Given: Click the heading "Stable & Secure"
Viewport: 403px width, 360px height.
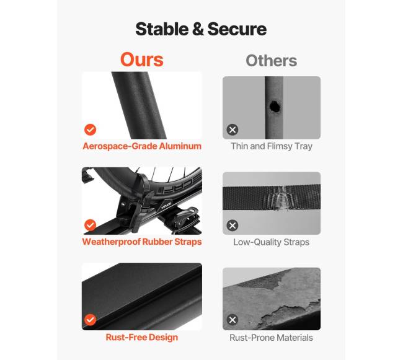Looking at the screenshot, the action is click(201, 29).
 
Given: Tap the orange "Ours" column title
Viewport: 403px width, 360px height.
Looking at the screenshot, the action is click(141, 59).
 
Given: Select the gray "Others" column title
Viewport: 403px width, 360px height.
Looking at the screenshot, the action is click(271, 61).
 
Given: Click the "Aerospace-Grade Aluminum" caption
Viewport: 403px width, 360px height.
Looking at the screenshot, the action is click(142, 146).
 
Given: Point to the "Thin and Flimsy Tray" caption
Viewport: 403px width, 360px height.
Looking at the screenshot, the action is click(272, 146).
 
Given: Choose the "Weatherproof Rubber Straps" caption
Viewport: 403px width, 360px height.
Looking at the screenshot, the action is click(142, 242).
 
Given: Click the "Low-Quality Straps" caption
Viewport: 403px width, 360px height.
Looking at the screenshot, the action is click(271, 242).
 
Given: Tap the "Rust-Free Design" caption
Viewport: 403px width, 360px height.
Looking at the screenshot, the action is click(142, 337).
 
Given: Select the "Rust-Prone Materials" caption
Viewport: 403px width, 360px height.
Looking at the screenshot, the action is click(271, 338).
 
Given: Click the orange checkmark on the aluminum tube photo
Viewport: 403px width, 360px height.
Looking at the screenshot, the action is click(91, 130).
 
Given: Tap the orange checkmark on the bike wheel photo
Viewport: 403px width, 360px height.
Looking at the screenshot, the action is click(91, 225).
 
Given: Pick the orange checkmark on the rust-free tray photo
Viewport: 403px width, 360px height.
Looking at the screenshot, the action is click(91, 320).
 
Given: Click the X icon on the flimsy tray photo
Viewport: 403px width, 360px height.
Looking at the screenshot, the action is click(232, 130).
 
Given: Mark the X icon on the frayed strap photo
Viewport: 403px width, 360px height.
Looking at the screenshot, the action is click(232, 226).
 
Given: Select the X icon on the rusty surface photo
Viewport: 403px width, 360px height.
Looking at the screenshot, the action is click(232, 320).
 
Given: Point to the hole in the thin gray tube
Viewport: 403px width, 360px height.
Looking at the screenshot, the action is click(275, 107).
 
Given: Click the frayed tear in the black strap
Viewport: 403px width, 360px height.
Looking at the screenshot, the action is click(279, 198).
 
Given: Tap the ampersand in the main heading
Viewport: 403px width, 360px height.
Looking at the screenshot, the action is click(198, 29).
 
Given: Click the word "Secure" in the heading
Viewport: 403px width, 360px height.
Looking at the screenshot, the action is click(237, 29).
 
